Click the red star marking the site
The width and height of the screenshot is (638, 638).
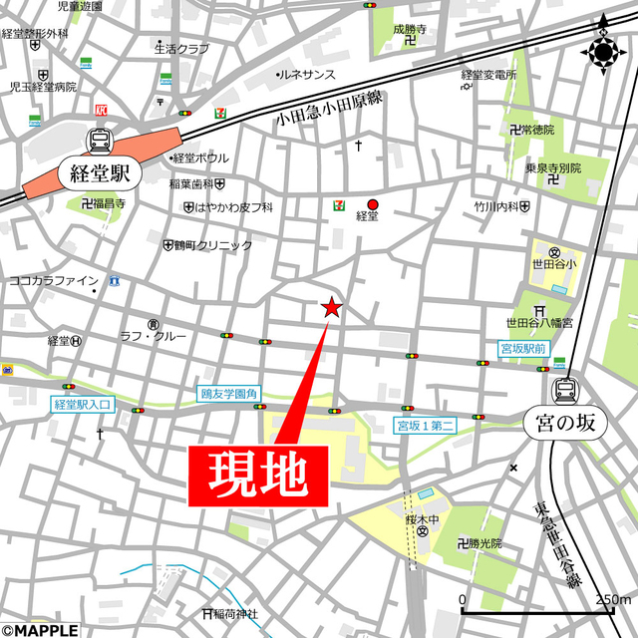pos(332,308)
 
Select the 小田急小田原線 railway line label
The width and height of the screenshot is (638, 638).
pos(329,108)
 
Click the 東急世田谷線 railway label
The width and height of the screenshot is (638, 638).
pos(556,543)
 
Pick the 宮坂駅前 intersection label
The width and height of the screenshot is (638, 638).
pos(523,349)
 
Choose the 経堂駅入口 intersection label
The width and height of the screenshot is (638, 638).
pos(85,406)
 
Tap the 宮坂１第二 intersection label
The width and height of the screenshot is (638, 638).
pos(427,427)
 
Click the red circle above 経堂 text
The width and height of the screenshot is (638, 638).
pos(373,202)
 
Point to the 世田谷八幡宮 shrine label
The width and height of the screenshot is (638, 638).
pos(539,322)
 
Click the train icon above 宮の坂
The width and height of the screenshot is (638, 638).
pos(565,389)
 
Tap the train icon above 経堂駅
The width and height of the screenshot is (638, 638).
pos(100,141)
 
